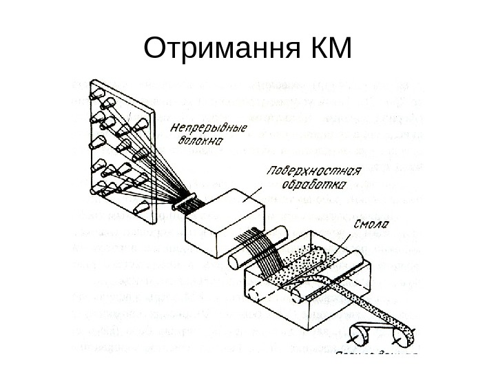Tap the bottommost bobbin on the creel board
click(141, 208)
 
